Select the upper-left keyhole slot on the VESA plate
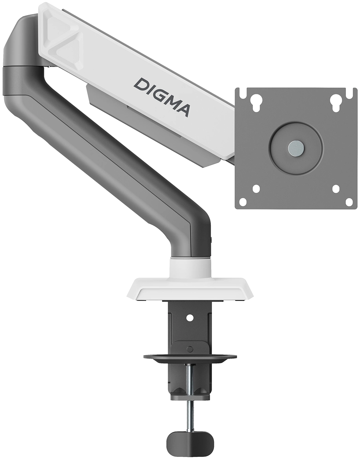click(256, 102)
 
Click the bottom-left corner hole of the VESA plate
click(243, 202)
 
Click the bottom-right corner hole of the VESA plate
click(349, 202)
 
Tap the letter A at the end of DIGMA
click(182, 110)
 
